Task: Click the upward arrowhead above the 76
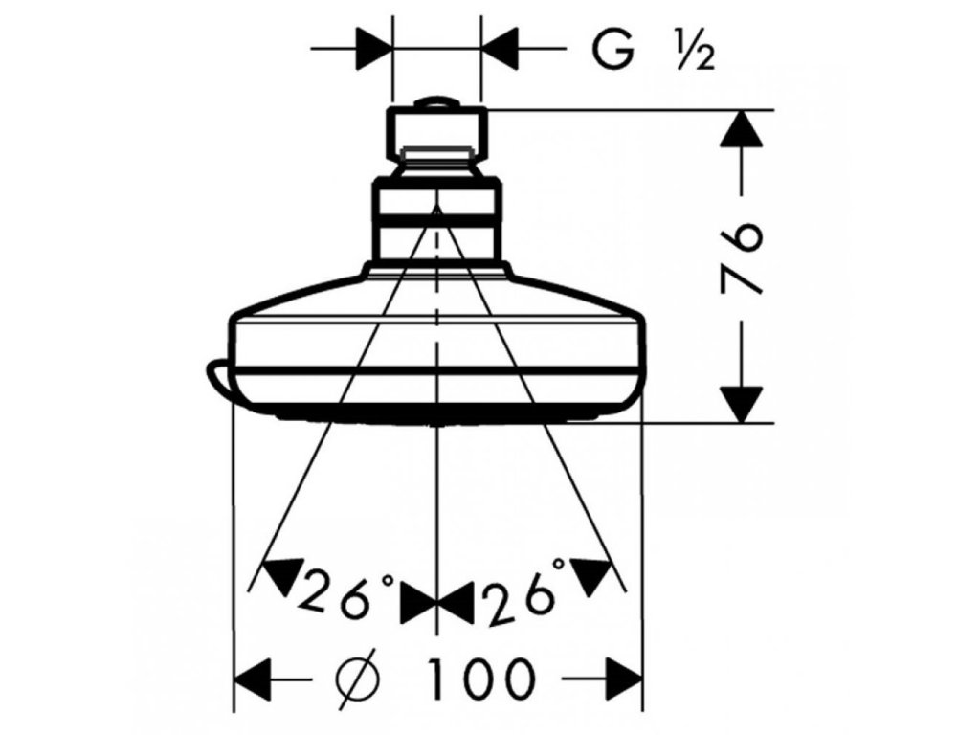744,129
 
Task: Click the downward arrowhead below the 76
744,402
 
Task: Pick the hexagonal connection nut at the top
437,136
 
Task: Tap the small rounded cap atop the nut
437,101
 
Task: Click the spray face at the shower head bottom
437,418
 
